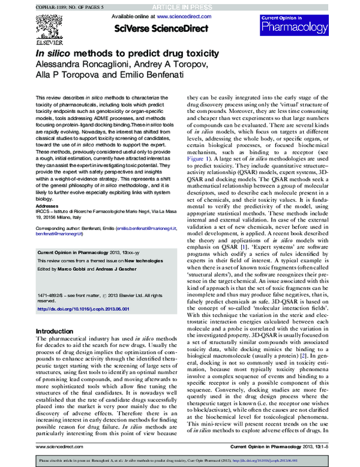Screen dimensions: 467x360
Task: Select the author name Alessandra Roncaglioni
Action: (x=77, y=64)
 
